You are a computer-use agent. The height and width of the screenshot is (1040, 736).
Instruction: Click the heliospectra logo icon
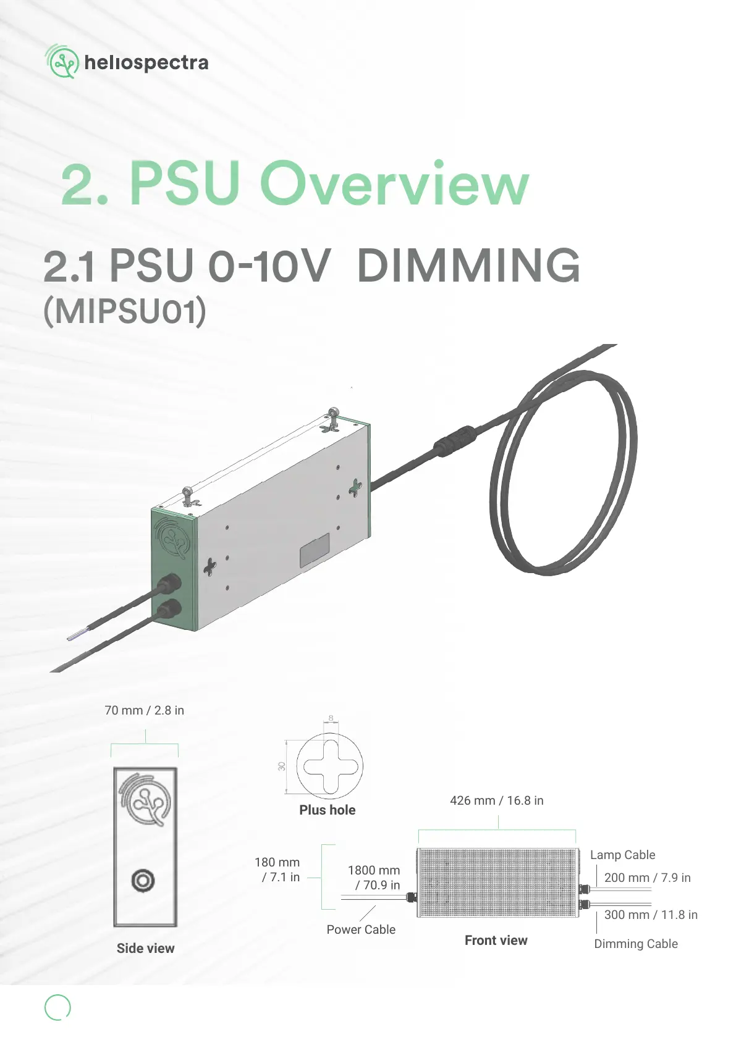tap(62, 62)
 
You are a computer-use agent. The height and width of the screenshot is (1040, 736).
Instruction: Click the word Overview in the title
tap(395, 183)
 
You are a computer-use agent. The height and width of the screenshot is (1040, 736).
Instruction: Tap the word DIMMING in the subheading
tap(468, 266)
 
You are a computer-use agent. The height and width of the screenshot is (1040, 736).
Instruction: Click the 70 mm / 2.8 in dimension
tap(144, 710)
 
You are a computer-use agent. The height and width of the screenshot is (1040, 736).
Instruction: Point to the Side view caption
tap(145, 948)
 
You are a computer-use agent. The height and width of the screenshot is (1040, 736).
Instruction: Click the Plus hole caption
tap(327, 810)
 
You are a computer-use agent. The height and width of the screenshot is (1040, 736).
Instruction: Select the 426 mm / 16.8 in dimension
tap(496, 800)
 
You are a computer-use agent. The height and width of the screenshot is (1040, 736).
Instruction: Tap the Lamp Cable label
tap(622, 855)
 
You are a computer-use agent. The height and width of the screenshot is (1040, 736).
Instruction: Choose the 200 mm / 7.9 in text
tap(647, 878)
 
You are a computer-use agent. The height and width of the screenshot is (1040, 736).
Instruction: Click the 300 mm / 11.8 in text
tap(650, 915)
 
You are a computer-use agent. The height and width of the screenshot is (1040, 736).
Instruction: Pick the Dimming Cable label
tap(635, 944)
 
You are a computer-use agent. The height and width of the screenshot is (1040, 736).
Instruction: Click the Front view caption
tap(496, 940)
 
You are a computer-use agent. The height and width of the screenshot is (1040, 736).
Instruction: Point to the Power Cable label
tap(361, 929)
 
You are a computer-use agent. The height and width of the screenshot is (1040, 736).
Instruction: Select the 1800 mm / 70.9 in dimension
tap(374, 878)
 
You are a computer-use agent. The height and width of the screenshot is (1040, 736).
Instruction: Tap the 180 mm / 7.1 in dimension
tap(278, 870)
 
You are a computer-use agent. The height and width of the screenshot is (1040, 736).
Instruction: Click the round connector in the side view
tap(143, 880)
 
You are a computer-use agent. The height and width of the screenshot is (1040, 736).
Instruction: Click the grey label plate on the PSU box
tap(315, 550)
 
